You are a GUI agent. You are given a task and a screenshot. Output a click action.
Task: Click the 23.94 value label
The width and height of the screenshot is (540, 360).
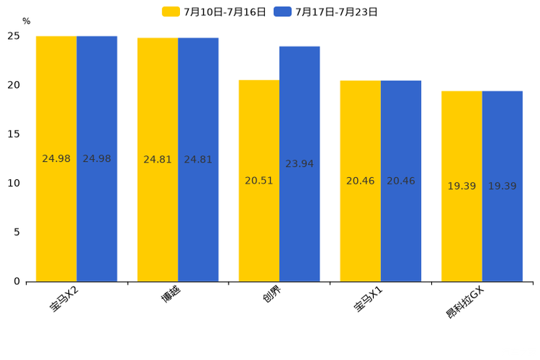coord(300,164)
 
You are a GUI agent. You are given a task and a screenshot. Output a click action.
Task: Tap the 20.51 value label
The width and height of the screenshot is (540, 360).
coord(259,181)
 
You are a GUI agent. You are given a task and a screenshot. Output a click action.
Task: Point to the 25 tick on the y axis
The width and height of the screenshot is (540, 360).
coord(14,36)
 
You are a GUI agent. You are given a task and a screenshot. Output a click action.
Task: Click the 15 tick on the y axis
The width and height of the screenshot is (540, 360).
coord(14,134)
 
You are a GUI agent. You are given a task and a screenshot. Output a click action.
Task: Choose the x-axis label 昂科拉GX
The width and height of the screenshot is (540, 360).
coord(465,303)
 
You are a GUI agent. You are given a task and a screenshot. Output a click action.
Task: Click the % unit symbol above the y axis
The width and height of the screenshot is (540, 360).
coord(26,22)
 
